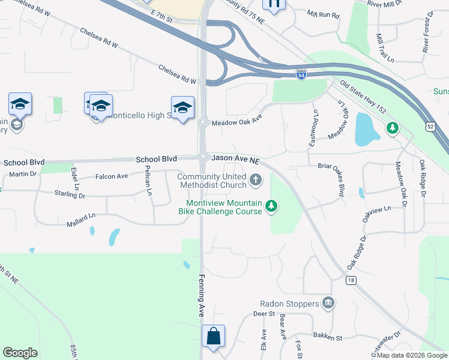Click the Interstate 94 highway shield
[x=301, y=74]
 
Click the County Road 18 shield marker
[x=350, y=280]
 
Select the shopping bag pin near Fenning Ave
[x=214, y=337]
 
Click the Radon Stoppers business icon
[x=327, y=304]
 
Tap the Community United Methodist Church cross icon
[x=256, y=179]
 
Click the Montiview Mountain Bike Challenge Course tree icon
[x=272, y=206]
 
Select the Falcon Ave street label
[x=112, y=176]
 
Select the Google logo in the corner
[x=20, y=353]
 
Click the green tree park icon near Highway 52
[x=392, y=128]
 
